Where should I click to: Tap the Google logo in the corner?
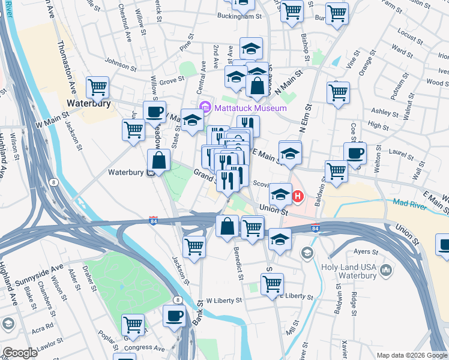click(19, 353)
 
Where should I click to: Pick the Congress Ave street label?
click(143, 347)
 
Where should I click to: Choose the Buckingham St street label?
click(240, 16)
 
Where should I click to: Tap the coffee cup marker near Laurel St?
click(355, 152)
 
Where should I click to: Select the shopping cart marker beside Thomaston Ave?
click(97, 87)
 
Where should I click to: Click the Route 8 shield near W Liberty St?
click(177, 299)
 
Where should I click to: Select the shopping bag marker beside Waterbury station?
click(158, 160)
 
